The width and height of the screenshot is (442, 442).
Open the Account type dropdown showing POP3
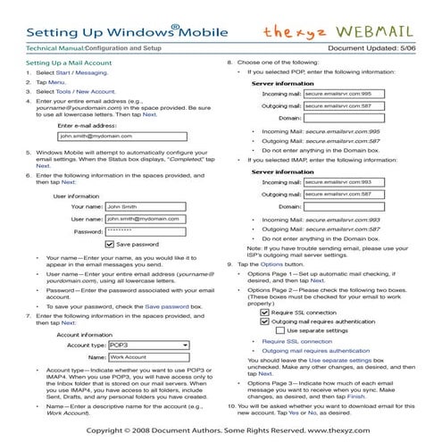coord(147,343)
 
